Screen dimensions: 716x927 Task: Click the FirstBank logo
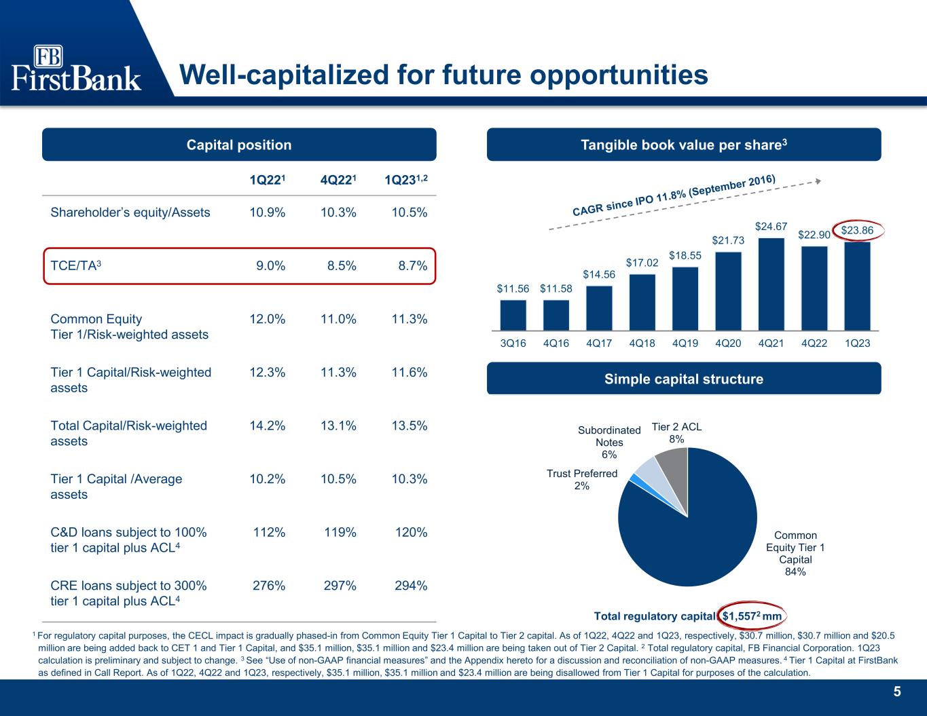pos(76,69)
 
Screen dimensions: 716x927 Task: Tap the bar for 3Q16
pos(513,314)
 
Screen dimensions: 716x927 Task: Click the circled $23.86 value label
pos(856,231)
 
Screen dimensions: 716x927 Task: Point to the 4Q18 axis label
pos(642,343)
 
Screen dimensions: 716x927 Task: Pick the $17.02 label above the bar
pos(641,262)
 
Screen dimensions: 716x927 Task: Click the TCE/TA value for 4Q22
pos(338,266)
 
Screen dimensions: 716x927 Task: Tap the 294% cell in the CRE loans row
pos(411,586)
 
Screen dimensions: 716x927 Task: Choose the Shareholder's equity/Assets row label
pos(130,212)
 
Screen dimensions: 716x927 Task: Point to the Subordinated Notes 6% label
pos(609,442)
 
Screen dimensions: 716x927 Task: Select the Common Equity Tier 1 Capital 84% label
pos(796,553)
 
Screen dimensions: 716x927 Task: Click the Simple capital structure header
pos(683,379)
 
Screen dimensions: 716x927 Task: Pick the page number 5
pos(897,692)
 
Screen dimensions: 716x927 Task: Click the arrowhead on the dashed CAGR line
pos(818,181)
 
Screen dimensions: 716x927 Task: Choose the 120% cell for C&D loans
pos(411,532)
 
